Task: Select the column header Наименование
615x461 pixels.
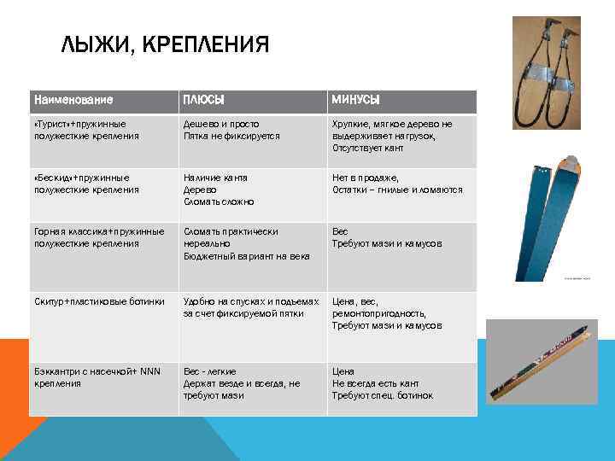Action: (73, 101)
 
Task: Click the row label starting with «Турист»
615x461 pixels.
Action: (86, 130)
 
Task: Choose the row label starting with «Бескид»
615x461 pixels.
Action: (86, 184)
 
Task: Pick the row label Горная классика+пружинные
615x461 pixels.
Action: (98, 237)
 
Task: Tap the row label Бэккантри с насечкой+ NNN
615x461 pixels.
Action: (93, 378)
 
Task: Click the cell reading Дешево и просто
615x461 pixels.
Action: (231, 130)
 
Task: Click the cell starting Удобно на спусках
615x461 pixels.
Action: (251, 307)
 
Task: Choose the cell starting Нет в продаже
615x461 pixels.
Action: (397, 184)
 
